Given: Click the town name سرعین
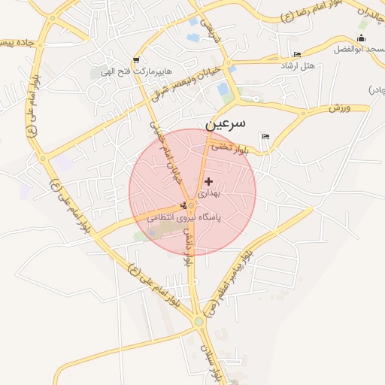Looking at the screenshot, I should click(227, 125).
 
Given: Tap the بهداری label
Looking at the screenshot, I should click(211, 193).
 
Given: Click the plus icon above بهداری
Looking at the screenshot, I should click(208, 181).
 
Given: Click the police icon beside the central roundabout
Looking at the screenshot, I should click(183, 205).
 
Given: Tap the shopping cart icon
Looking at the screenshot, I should click(135, 60).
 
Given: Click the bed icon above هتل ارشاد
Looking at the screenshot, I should click(297, 54).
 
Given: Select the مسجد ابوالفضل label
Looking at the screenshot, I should click(359, 50).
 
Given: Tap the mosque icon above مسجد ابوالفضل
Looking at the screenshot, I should click(362, 38).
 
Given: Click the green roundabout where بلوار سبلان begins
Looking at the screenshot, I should click(199, 322).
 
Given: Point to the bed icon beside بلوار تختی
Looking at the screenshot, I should click(265, 137).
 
